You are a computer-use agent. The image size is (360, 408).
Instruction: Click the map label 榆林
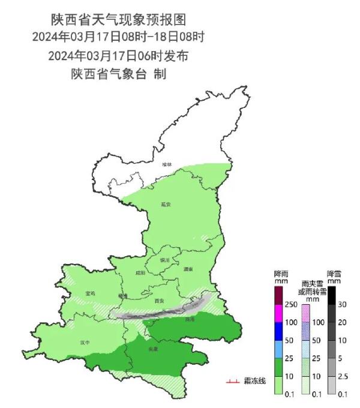pyautogui.click(x=166, y=164)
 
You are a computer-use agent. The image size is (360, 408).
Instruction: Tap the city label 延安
pyautogui.click(x=166, y=205)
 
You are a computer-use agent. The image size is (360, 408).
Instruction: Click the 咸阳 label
pyautogui.click(x=140, y=273)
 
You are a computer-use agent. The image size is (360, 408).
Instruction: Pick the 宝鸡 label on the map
pyautogui.click(x=91, y=293)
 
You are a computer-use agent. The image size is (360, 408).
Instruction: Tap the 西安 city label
pyautogui.click(x=159, y=301)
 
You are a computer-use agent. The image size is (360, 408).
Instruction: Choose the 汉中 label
pyautogui.click(x=85, y=343)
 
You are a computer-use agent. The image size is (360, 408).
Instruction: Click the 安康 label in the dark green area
pyautogui.click(x=153, y=349)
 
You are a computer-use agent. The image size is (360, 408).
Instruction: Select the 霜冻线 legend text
pyautogui.click(x=254, y=381)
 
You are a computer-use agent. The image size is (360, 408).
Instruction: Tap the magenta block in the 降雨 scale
pyautogui.click(x=278, y=314)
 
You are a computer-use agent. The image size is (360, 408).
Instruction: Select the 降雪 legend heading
pyautogui.click(x=334, y=277)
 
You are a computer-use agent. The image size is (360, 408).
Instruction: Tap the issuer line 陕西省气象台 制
pyautogui.click(x=118, y=74)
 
